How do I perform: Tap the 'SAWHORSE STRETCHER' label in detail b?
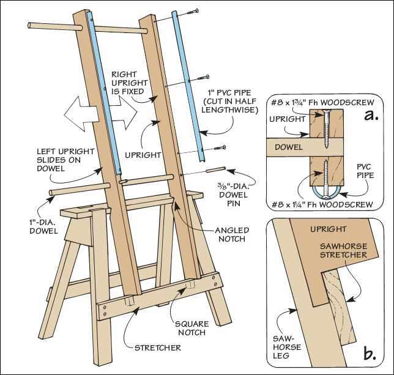[343, 248]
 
